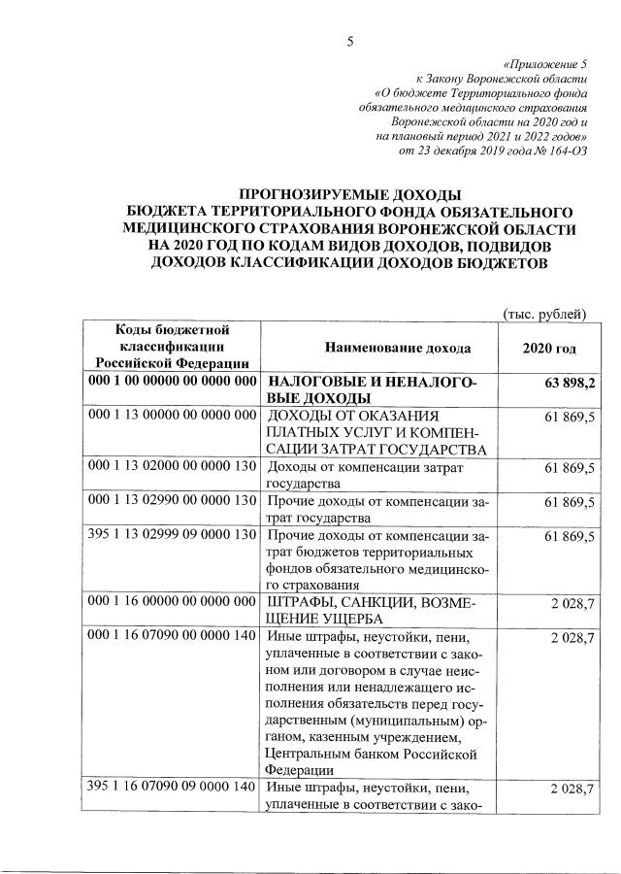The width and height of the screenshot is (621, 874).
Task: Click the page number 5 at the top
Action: pyautogui.click(x=351, y=40)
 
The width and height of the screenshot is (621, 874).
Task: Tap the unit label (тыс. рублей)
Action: pyautogui.click(x=544, y=313)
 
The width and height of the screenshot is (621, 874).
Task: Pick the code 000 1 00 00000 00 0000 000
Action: pyautogui.click(x=172, y=382)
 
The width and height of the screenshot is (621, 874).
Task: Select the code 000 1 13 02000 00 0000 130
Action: pyautogui.click(x=172, y=467)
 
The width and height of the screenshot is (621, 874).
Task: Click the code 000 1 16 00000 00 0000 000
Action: pyautogui.click(x=172, y=603)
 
